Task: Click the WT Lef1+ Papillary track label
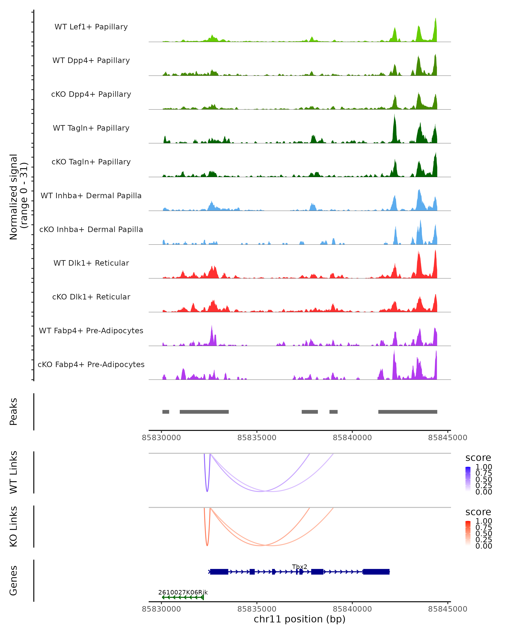point(91,27)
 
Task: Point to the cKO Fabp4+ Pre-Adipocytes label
point(91,364)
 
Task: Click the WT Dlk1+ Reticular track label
point(91,263)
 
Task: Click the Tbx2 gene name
point(300,567)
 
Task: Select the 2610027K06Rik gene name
point(183,592)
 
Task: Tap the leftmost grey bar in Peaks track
point(166,412)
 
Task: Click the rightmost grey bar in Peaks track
point(408,412)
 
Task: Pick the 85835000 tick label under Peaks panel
point(257,438)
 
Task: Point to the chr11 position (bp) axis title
point(300,619)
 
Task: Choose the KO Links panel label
point(14,526)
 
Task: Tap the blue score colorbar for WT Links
point(468,479)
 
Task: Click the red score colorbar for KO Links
point(468,533)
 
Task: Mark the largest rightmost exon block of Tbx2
point(376,572)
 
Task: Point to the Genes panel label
point(14,581)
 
